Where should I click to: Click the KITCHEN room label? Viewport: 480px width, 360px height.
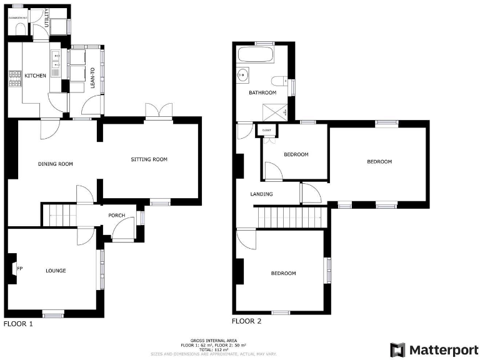[36, 76]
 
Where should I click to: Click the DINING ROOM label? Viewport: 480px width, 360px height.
[56, 164]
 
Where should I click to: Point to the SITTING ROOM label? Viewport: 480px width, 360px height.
[149, 159]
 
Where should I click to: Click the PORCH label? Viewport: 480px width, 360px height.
[117, 216]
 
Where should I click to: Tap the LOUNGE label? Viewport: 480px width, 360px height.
[56, 271]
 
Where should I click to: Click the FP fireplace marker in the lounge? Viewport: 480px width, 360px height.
[19, 269]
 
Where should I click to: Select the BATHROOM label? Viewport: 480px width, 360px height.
[262, 92]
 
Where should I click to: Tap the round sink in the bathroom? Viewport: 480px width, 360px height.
[244, 75]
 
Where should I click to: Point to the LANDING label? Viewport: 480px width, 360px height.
[261, 194]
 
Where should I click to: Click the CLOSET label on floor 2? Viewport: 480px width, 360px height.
[267, 130]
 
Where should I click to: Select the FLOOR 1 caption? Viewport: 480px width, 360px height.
[18, 324]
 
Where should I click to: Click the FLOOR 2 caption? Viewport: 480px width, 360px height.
[246, 322]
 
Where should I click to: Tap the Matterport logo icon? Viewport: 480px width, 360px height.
[397, 349]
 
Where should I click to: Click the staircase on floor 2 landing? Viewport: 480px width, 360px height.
[291, 218]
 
